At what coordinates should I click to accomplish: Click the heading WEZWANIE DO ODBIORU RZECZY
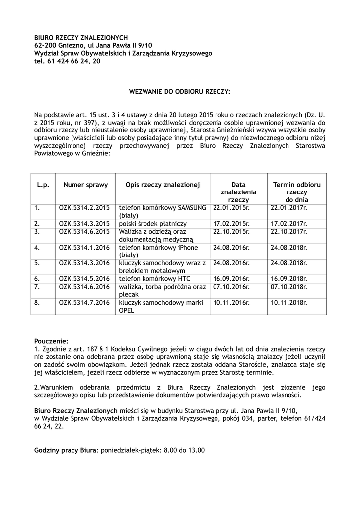click(x=180, y=92)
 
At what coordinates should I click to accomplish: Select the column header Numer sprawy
click(x=85, y=185)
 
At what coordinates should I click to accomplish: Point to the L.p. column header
click(x=43, y=185)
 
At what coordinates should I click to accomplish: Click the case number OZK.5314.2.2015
click(x=84, y=208)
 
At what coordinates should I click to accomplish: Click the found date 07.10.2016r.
click(x=231, y=287)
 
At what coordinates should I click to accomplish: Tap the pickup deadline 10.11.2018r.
click(x=289, y=302)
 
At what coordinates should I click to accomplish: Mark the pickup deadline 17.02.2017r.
click(x=289, y=224)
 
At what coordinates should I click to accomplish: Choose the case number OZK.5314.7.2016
click(x=84, y=302)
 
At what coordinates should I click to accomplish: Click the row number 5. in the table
click(x=37, y=263)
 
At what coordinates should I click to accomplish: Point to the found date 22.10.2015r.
click(x=231, y=231)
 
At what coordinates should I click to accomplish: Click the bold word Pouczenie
click(x=51, y=341)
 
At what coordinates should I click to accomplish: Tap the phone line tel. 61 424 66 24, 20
click(x=67, y=61)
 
